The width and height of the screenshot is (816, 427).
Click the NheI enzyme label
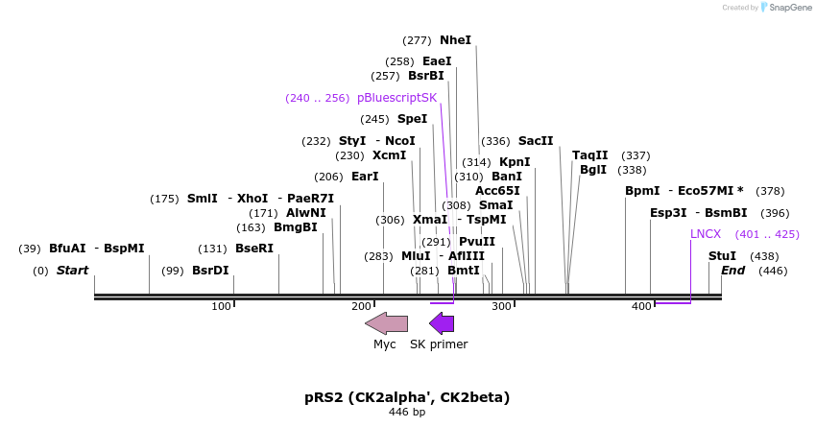point(455,40)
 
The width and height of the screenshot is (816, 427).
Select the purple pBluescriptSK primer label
point(396,98)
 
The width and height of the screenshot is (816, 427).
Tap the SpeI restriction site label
point(412,119)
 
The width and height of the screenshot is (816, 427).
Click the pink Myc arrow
point(387,323)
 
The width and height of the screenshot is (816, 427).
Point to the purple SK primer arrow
point(442,323)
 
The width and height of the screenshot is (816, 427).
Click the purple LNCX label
point(706,234)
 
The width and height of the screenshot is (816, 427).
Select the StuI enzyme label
point(722,256)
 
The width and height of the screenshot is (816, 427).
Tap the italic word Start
point(72,271)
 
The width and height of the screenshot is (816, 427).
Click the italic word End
point(732,271)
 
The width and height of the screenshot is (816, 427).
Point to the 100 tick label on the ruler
point(222,305)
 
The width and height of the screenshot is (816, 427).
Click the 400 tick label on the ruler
point(641,305)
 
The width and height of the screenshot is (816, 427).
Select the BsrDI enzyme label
point(210,271)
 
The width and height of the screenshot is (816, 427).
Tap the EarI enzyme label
point(365,177)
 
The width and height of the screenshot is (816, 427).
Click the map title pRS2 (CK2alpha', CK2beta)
point(407,397)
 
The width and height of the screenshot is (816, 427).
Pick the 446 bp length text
point(407,413)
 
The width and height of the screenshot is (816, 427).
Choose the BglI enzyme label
point(593,170)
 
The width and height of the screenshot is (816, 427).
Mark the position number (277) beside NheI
point(417,40)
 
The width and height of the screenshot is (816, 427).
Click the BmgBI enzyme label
point(295,227)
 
